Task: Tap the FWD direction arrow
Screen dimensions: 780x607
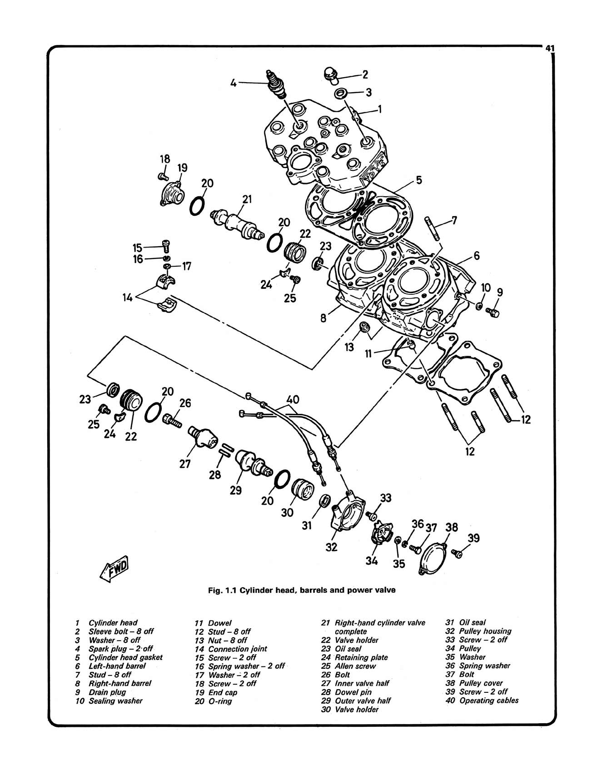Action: click(115, 568)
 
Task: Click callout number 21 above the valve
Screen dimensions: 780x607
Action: click(247, 199)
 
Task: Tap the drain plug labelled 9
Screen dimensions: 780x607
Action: click(492, 312)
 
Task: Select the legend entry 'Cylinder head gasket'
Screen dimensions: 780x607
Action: click(125, 657)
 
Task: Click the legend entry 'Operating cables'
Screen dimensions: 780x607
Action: click(489, 701)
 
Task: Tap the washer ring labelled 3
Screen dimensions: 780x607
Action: click(341, 93)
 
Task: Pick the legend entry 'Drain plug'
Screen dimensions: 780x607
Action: click(107, 692)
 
